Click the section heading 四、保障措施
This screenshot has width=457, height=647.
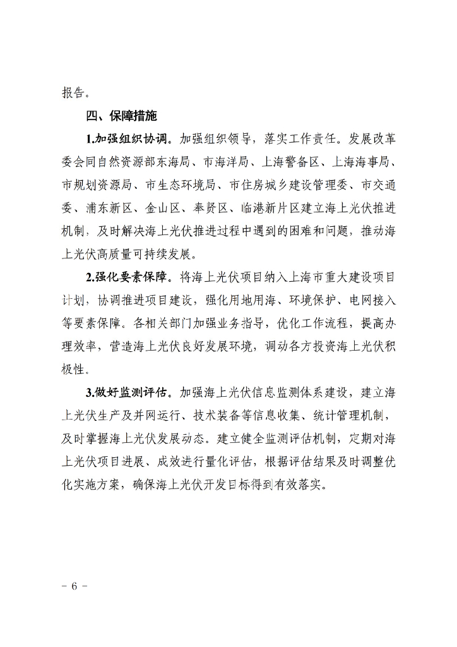pyautogui.click(x=121, y=116)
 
